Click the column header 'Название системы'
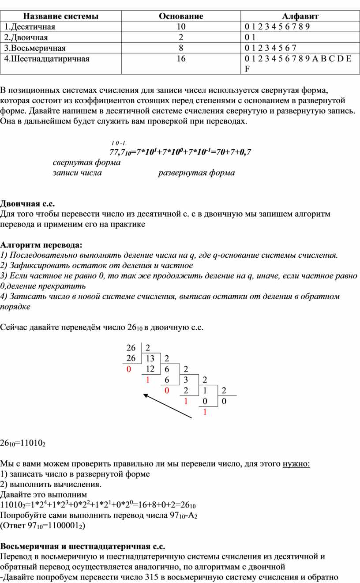60,16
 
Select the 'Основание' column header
181,16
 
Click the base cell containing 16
181,59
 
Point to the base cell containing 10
181,27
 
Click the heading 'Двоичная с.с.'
27,203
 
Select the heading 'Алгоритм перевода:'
41,244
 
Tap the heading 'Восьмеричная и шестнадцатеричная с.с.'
82,546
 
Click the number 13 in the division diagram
150,358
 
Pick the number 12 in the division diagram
150,369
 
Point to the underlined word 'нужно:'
296,464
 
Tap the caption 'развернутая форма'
196,173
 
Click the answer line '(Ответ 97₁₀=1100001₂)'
43,526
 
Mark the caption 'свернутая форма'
86,162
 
